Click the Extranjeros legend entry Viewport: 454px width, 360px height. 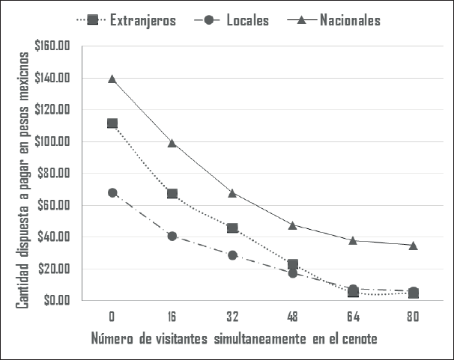pyautogui.click(x=142, y=20)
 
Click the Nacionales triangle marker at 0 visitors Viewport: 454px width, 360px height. pyautogui.click(x=112, y=79)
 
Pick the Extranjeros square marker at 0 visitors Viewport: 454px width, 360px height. pyautogui.click(x=112, y=123)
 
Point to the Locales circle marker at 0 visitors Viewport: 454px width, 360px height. pyautogui.click(x=112, y=192)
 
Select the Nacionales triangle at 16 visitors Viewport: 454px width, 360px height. pyautogui.click(x=172, y=142)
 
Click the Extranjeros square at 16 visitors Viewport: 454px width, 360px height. pyautogui.click(x=172, y=194)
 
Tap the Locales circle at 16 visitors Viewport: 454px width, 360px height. pyautogui.click(x=172, y=236)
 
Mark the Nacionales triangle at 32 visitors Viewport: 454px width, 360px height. pyautogui.click(x=233, y=192)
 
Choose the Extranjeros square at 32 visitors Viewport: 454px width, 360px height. pyautogui.click(x=233, y=228)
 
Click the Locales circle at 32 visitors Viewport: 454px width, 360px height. pyautogui.click(x=233, y=255)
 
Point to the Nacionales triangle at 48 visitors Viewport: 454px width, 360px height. pyautogui.click(x=293, y=225)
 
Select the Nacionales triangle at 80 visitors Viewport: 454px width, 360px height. pyautogui.click(x=414, y=245)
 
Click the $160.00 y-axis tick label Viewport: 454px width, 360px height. pyautogui.click(x=53, y=46)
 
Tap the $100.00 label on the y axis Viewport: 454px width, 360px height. pyautogui.click(x=53, y=141)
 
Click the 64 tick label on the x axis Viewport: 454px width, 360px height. pyautogui.click(x=353, y=315)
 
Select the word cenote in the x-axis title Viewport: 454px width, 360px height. pyautogui.click(x=357, y=339)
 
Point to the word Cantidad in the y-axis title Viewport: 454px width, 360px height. pyautogui.click(x=24, y=284)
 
